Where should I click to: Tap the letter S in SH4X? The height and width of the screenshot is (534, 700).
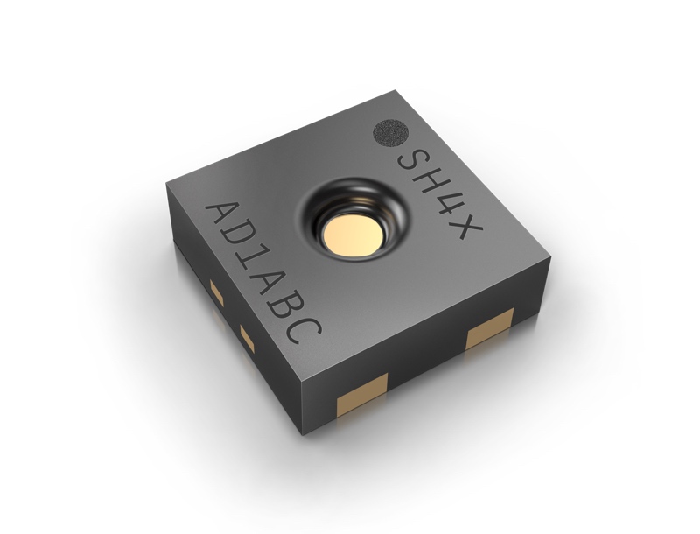[414, 161]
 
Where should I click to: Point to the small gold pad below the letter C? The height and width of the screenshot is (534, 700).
[245, 333]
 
